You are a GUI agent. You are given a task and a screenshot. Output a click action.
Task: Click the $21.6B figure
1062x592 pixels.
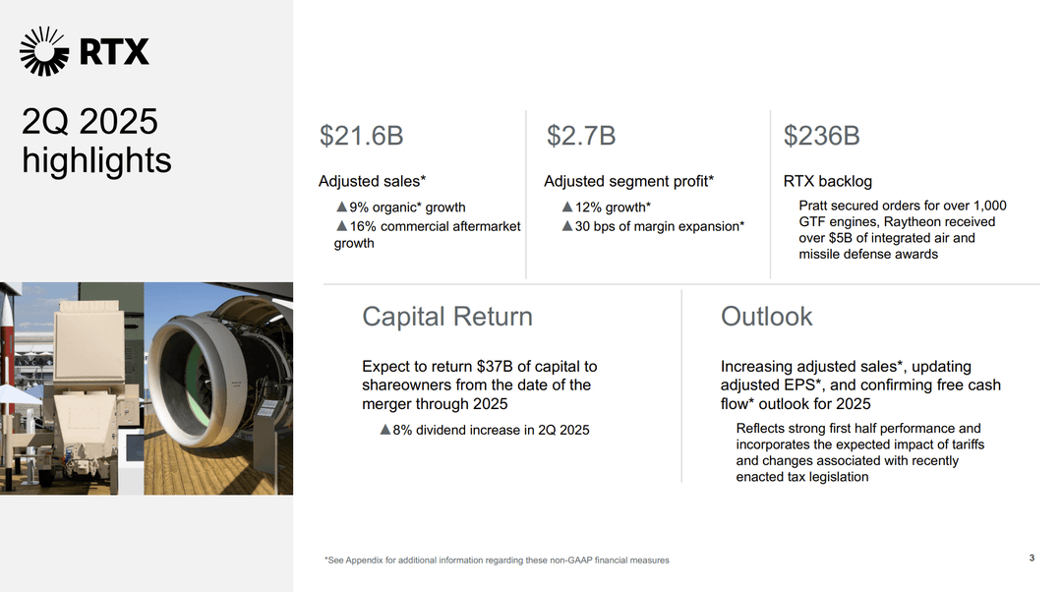(x=361, y=137)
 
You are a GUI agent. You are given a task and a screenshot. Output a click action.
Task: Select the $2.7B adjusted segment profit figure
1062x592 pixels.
(x=581, y=137)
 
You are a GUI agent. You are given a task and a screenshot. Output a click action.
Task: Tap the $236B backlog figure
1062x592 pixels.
(x=821, y=137)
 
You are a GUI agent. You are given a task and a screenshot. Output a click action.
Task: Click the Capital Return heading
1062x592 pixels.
(x=446, y=317)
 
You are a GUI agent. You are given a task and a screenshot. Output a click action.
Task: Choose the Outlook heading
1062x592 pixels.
(x=766, y=317)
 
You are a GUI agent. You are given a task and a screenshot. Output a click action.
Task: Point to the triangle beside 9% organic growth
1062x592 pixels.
(x=341, y=207)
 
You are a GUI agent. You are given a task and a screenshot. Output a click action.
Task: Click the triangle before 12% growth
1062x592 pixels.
(x=567, y=207)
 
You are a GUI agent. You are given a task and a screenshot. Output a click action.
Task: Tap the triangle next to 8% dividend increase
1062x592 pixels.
(x=384, y=430)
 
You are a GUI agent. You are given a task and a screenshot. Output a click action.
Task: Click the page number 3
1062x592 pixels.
(x=1032, y=559)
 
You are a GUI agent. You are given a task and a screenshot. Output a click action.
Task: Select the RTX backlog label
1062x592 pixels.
(x=827, y=181)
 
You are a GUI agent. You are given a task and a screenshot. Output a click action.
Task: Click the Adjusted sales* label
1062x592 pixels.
(x=372, y=181)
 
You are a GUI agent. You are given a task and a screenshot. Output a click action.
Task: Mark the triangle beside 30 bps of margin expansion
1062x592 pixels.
(x=567, y=226)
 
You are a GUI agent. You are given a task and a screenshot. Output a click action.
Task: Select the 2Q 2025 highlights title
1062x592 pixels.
(x=96, y=141)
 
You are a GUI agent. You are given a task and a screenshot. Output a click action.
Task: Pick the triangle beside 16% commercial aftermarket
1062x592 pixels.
(x=341, y=226)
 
